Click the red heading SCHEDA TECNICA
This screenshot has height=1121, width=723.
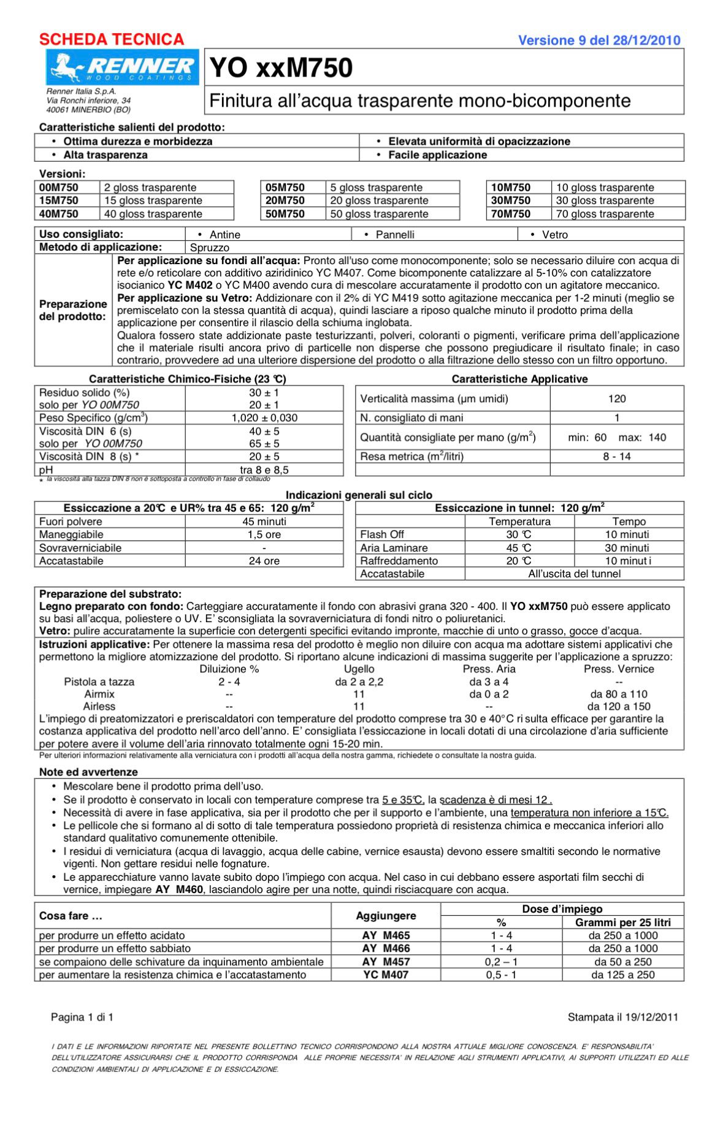pyautogui.click(x=112, y=40)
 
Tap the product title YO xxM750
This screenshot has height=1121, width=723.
pyautogui.click(x=281, y=68)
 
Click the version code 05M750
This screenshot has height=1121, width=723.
pyautogui.click(x=285, y=188)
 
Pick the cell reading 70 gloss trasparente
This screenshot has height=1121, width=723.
pyautogui.click(x=605, y=214)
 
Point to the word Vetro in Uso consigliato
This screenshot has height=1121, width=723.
pyautogui.click(x=554, y=235)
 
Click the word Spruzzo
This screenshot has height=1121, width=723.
pyautogui.click(x=210, y=248)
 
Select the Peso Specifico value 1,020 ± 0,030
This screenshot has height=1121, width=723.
pyautogui.click(x=264, y=418)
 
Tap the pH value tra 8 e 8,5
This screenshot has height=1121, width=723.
pyautogui.click(x=264, y=470)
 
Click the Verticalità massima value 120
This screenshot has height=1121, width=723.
pyautogui.click(x=617, y=399)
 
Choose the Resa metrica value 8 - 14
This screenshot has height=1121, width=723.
pyautogui.click(x=617, y=457)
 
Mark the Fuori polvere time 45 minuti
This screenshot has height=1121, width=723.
pyautogui.click(x=264, y=522)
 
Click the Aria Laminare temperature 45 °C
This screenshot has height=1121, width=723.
pyautogui.click(x=519, y=548)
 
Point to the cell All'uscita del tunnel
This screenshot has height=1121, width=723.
pyautogui.click(x=575, y=574)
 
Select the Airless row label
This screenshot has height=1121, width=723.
pyautogui.click(x=99, y=706)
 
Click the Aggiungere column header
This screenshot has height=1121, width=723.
pyautogui.click(x=386, y=916)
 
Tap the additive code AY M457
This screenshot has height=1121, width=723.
pyautogui.click(x=386, y=962)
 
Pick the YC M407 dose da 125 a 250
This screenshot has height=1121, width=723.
pyautogui.click(x=623, y=975)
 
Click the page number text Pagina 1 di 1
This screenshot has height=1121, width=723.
pyautogui.click(x=82, y=1017)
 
